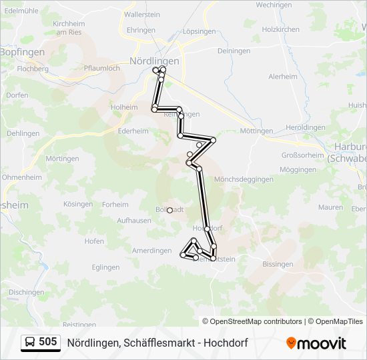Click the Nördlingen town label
click(155, 61)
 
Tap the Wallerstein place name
click(143, 14)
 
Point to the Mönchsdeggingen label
click(244, 179)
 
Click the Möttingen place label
click(256, 131)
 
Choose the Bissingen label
click(278, 264)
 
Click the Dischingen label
click(27, 292)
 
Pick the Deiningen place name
click(234, 51)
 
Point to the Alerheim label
click(282, 77)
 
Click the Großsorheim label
click(302, 154)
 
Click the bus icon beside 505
click(30, 343)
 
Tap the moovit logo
click(316, 343)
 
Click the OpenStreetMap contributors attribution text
click(252, 321)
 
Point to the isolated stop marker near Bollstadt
click(169, 210)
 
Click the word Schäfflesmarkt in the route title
click(154, 343)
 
